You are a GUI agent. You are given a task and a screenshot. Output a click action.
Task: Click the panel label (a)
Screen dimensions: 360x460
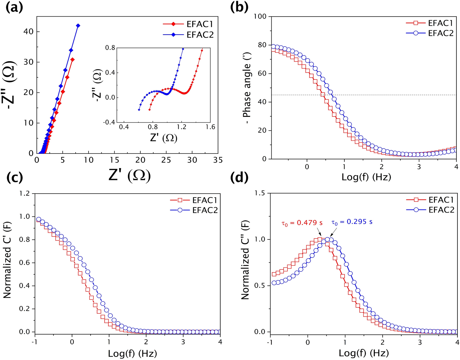pos(14,8)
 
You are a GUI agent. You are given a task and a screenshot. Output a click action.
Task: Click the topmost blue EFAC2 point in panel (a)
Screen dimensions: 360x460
pos(78,25)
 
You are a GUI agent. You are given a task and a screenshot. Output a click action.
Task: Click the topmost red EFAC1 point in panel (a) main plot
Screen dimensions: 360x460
pos(73,59)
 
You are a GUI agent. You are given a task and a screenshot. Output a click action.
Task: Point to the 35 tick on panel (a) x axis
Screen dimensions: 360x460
pos(218,160)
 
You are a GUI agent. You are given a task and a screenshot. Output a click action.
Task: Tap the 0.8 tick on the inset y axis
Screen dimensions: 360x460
pos(110,48)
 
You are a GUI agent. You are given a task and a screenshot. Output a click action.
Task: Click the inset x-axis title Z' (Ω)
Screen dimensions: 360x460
pos(163,138)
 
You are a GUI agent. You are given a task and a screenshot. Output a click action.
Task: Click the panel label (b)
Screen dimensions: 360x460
pos(239,8)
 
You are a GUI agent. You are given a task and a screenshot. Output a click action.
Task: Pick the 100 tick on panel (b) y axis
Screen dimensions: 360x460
pos(261,16)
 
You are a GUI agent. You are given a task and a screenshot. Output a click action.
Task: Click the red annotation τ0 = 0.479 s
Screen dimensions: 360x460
pos(302,223)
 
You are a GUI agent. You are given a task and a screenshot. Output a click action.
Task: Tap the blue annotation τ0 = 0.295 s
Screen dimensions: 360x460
pos(352,222)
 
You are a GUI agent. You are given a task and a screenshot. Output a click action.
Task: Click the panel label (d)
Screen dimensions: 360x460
pos(239,178)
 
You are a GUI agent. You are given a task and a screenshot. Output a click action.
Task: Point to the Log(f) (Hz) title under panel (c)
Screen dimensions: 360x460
pos(132,354)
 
